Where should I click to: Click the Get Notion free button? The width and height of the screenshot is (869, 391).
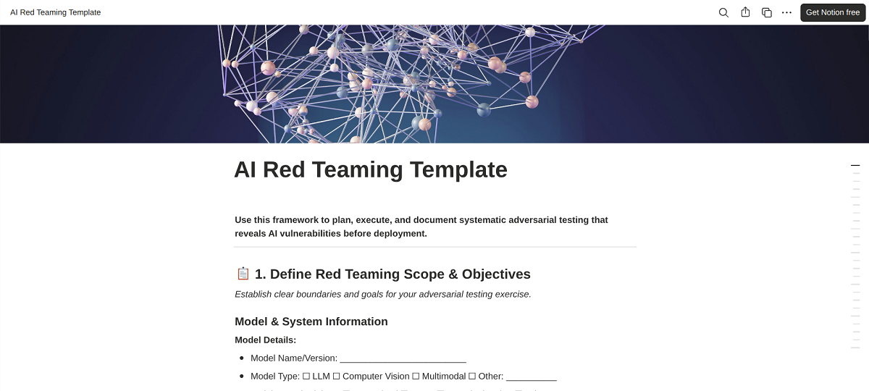click(833, 12)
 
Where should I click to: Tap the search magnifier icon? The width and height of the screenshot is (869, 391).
click(723, 12)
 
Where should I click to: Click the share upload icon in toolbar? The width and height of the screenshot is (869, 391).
click(745, 12)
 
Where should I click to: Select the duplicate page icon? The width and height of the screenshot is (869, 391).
click(766, 12)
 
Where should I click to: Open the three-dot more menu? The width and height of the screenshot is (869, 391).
click(786, 12)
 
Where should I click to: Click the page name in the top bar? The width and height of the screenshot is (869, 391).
click(56, 12)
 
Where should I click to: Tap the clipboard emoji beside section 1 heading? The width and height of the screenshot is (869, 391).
click(243, 274)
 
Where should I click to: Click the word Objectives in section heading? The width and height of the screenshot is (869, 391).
click(496, 274)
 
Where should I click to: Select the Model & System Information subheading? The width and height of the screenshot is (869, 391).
click(311, 321)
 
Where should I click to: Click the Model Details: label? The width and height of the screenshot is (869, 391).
click(265, 340)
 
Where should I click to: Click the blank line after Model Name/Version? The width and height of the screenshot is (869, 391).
click(403, 358)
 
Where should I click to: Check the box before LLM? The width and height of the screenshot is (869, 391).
click(306, 377)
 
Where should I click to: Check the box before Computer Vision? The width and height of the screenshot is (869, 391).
click(336, 377)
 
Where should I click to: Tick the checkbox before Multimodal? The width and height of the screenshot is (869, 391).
click(416, 377)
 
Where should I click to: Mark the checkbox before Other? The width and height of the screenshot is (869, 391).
click(472, 377)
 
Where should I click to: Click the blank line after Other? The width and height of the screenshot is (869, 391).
click(531, 377)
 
